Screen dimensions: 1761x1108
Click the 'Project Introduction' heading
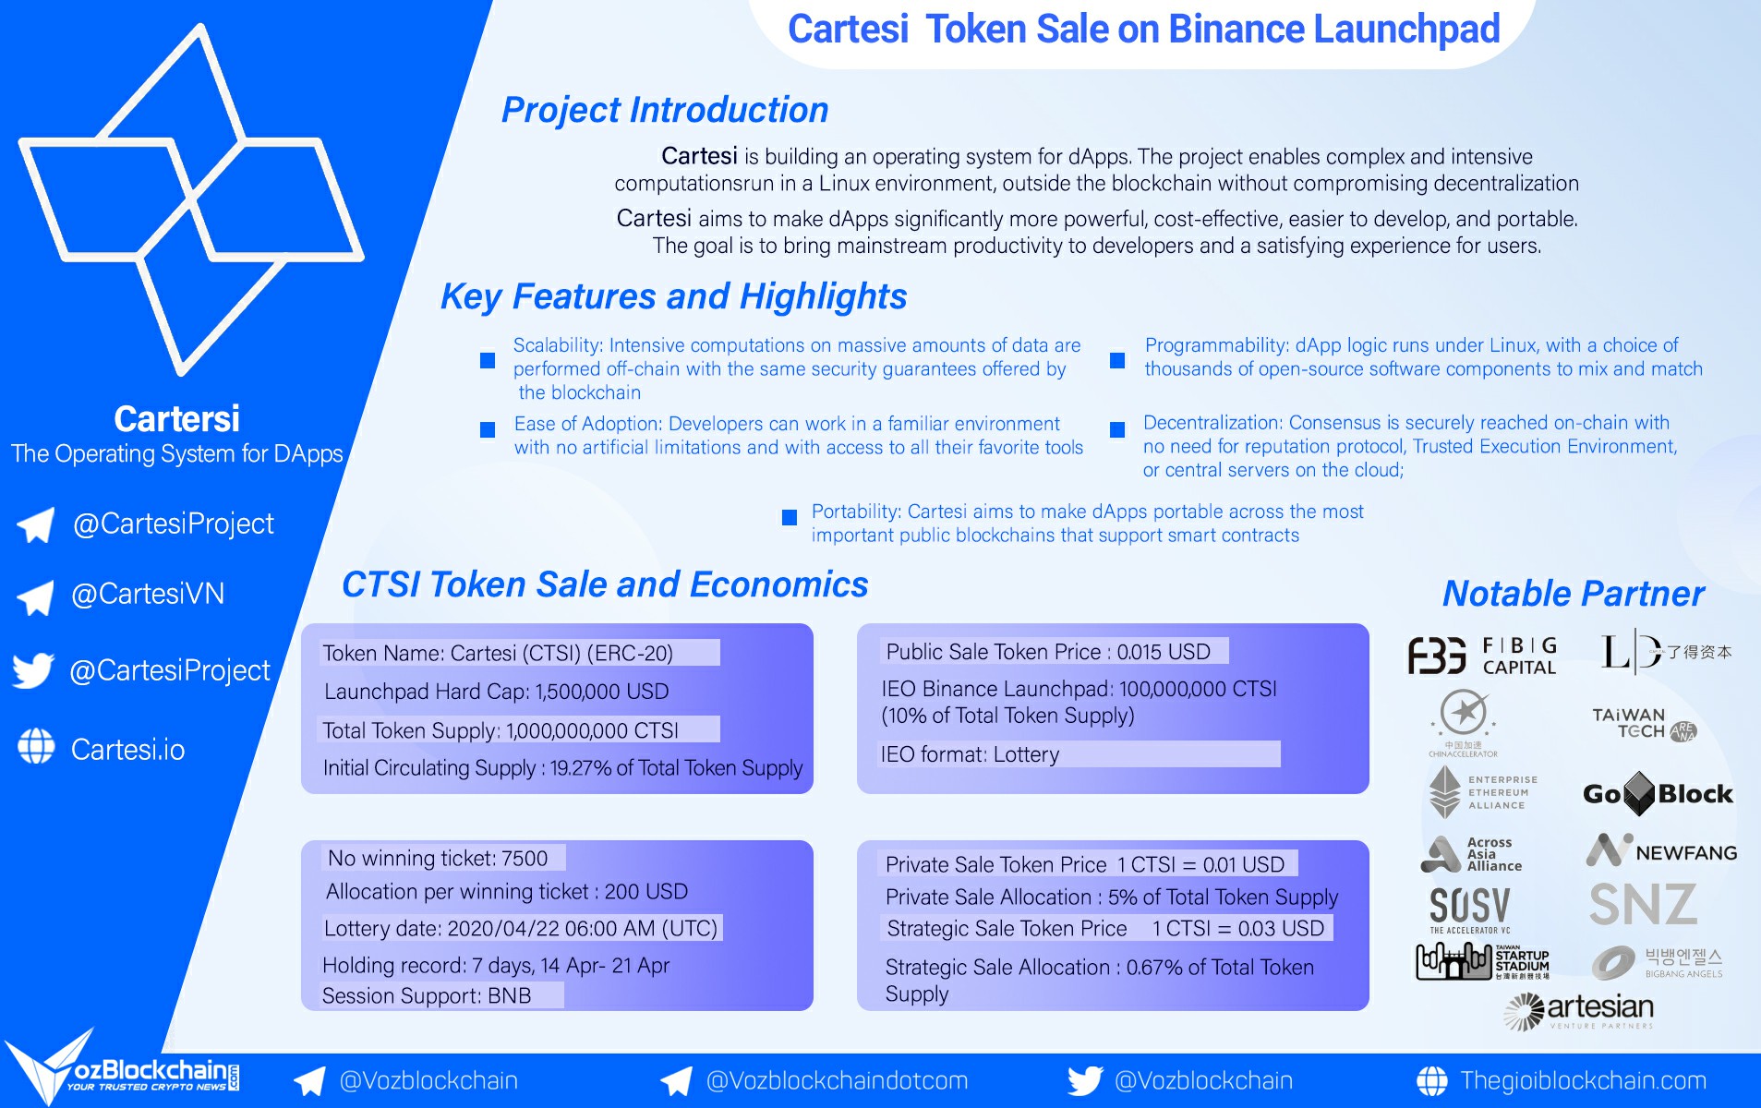[x=664, y=110]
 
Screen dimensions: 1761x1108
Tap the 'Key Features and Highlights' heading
[x=673, y=296]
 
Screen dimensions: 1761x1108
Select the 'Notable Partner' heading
[x=1574, y=594]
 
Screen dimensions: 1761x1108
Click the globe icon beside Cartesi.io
[x=36, y=747]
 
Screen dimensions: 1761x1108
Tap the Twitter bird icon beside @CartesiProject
[x=34, y=670]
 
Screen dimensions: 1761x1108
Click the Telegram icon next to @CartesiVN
[x=35, y=597]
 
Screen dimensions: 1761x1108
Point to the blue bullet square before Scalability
[x=488, y=360]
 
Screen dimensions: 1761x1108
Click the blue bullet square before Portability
[x=790, y=517]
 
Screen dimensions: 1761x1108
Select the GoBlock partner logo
[x=1658, y=794]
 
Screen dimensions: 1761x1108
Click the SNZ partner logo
[x=1643, y=905]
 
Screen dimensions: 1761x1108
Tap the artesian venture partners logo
[x=1578, y=1011]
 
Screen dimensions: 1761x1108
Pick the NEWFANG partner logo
[x=1661, y=850]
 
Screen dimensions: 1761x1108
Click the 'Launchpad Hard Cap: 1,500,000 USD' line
[x=496, y=692]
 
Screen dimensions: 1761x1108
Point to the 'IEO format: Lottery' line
[x=970, y=754]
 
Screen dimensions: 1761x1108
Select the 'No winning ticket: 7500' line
[x=438, y=858]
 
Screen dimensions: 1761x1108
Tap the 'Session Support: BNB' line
[x=427, y=995]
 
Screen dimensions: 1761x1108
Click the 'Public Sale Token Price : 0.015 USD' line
[x=1048, y=652]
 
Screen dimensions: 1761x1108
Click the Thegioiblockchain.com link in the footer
[x=1583, y=1080]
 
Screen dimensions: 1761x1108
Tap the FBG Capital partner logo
[x=1482, y=656]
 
